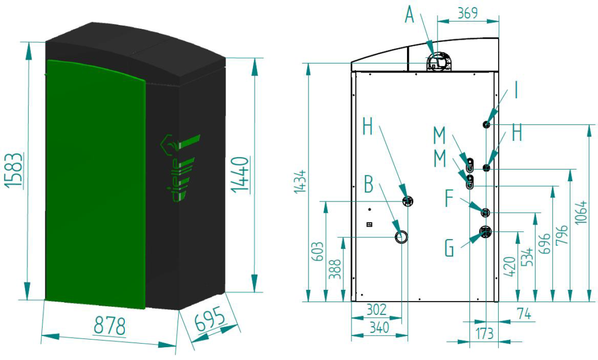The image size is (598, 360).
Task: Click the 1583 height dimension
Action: coord(14,170)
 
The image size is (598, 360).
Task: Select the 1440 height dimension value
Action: coord(241,174)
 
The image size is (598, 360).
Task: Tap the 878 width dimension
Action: coord(110,327)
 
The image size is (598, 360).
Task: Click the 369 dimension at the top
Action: coord(467,13)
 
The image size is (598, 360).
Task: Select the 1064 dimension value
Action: coord(580,213)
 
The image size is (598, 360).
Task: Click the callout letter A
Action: coord(409,15)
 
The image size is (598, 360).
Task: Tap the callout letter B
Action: coord(368,185)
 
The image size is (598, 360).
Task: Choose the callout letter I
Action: coord(516,91)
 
